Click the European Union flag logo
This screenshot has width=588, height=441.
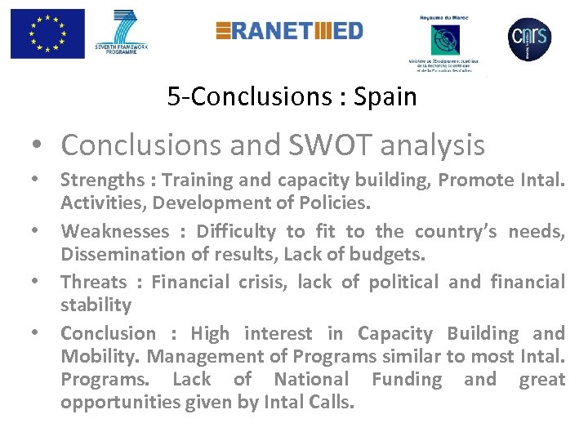pos(47,33)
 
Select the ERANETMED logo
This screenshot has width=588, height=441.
pos(289,31)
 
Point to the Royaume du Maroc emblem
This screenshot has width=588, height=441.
pos(445,40)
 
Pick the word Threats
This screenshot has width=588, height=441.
pos(94,283)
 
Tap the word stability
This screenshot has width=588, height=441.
pos(96,305)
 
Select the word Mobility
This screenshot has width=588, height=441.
pos(96,356)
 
